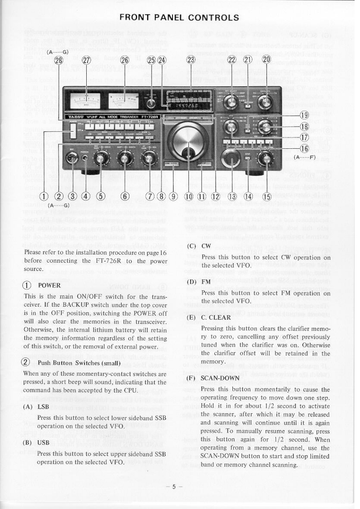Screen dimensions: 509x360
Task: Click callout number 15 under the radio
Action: pyautogui.click(x=266, y=196)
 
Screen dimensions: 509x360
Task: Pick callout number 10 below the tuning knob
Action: pyautogui.click(x=189, y=196)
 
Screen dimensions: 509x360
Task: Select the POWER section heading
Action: pyautogui.click(x=49, y=286)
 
